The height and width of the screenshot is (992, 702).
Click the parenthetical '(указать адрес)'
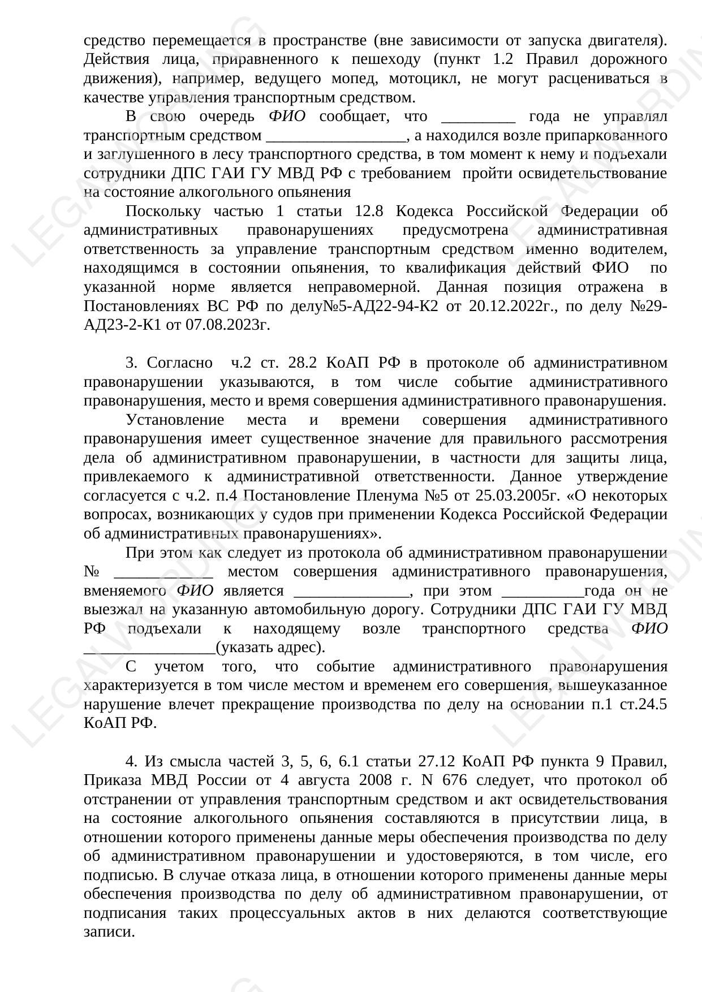[x=270, y=647]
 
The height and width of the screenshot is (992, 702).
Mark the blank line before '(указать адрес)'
[x=149, y=647]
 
